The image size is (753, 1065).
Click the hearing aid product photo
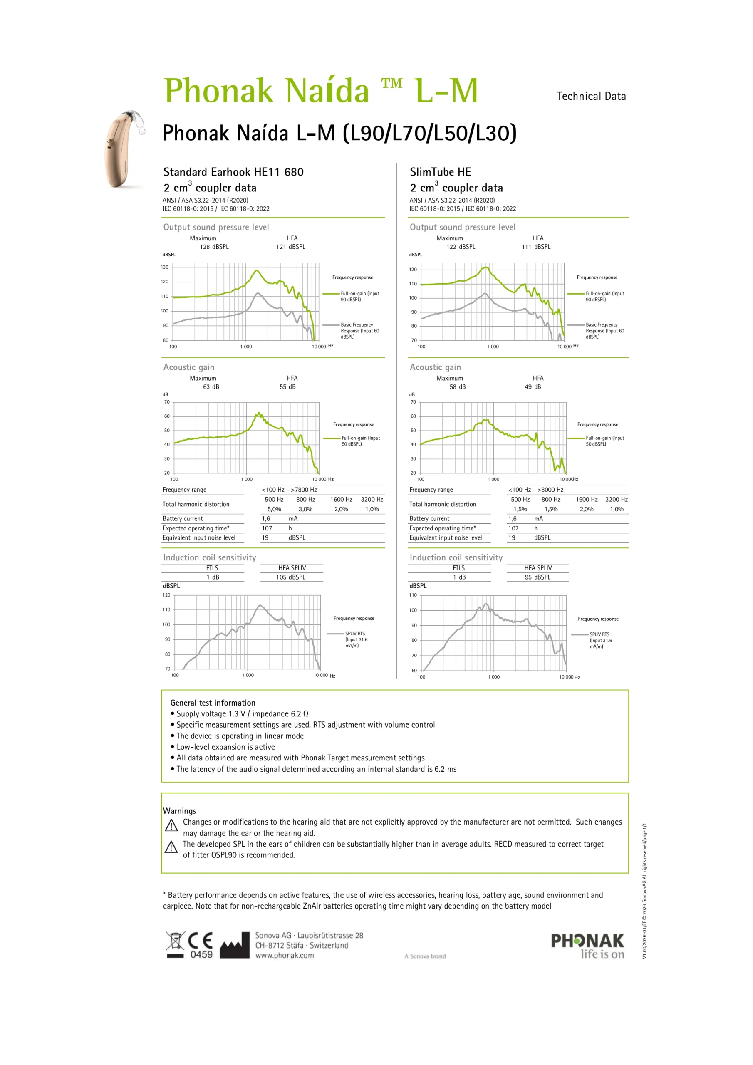tap(123, 149)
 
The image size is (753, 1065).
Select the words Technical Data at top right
tap(591, 97)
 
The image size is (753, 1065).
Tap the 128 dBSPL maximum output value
tap(214, 247)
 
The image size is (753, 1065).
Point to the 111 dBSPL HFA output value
tap(536, 247)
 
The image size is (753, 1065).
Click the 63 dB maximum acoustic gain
tap(211, 387)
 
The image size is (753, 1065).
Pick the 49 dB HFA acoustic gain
tap(533, 387)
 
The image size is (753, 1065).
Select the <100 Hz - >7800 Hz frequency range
tap(289, 490)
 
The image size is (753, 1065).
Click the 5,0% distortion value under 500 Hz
tap(274, 509)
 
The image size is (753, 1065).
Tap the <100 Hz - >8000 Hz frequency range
tap(535, 490)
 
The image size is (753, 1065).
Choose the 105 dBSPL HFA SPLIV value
tap(290, 577)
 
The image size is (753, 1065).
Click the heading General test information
tap(213, 703)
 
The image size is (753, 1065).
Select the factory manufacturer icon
tap(234, 946)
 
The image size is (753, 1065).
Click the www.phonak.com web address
tap(285, 956)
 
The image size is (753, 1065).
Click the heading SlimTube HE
tap(440, 172)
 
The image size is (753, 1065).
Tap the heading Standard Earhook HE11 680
tap(233, 172)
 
